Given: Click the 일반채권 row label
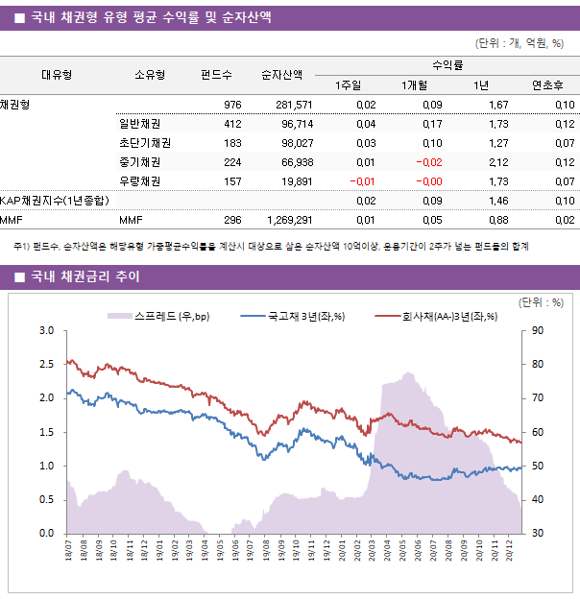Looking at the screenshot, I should click(139, 124).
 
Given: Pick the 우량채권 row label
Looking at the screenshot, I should click(139, 181).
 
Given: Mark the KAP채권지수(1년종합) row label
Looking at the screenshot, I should click(54, 201).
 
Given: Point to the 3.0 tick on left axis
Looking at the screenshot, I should click(45, 331).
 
